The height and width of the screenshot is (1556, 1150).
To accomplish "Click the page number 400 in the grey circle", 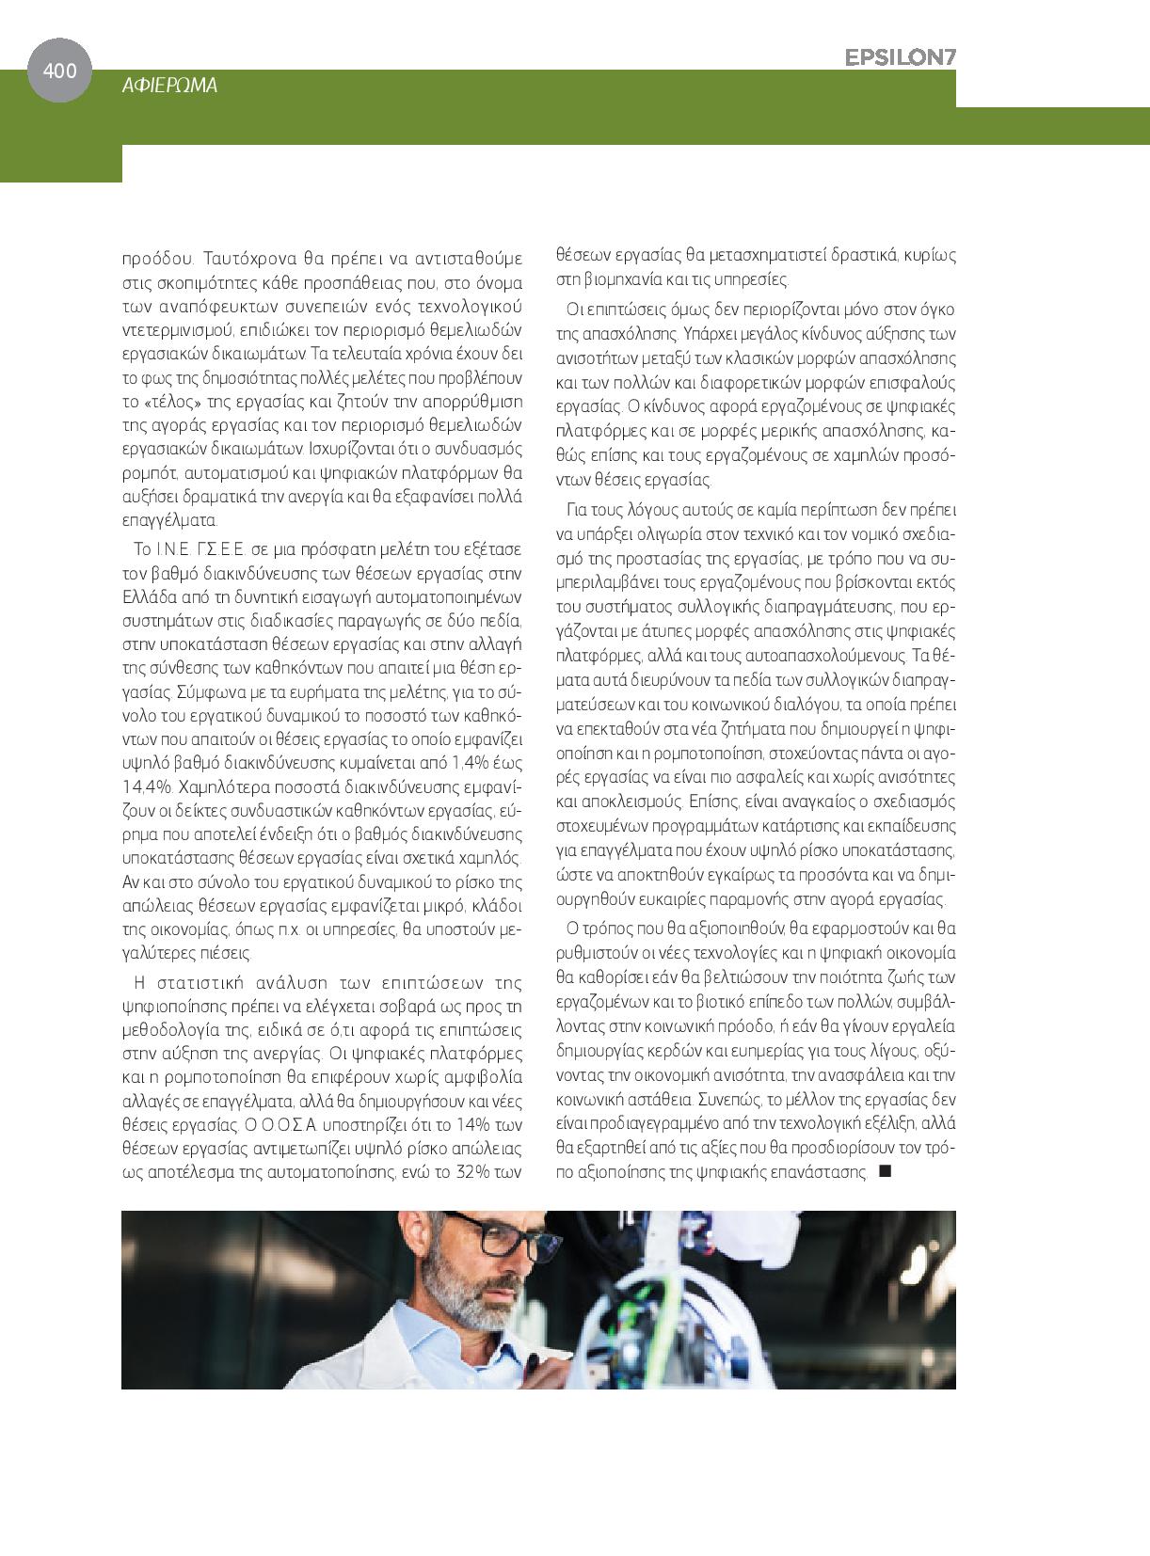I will click(x=59, y=70).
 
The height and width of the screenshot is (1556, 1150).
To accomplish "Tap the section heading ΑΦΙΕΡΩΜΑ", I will click(x=170, y=86).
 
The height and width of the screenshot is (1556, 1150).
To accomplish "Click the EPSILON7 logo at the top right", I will click(x=900, y=57).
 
